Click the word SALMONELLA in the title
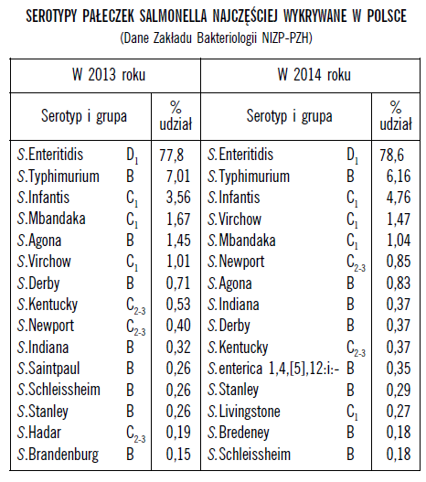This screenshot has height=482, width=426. tap(174, 16)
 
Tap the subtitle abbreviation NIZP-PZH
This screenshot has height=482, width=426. tap(285, 38)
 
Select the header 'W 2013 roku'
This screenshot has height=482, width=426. tap(109, 75)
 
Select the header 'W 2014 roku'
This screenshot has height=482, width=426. tap(314, 75)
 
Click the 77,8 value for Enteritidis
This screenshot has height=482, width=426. tap(171, 155)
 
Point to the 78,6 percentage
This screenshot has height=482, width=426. tap(391, 155)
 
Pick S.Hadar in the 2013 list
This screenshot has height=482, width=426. tap(39, 433)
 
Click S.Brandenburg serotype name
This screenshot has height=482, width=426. tap(58, 455)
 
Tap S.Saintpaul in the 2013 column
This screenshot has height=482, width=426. tap(48, 369)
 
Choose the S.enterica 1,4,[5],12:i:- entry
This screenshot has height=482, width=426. tap(273, 369)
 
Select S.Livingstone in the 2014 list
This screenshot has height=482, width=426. tap(244, 412)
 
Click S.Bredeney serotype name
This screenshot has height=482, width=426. tap(239, 434)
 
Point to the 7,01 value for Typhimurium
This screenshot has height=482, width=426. tap(178, 177)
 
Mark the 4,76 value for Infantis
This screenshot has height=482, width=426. tap(399, 198)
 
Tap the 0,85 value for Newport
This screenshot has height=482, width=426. tap(399, 262)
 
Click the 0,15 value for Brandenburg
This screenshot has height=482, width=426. tap(178, 454)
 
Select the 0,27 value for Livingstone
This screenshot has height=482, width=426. tap(399, 412)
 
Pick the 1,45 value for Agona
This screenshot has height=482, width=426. tap(178, 241)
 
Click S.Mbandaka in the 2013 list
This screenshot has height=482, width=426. tap(51, 219)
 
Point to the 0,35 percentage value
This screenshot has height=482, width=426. tap(399, 369)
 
